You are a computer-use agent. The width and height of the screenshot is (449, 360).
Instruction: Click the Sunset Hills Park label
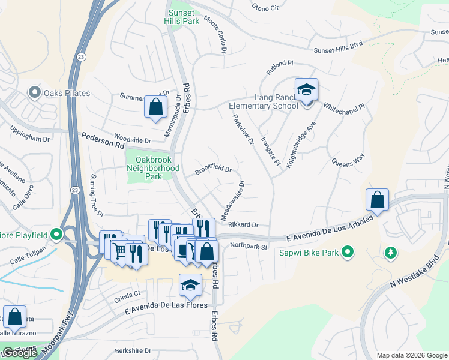coord(182,16)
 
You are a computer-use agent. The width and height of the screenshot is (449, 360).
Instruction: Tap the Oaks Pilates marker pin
coord(34,93)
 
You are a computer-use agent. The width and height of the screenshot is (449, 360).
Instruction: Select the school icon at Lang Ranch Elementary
coord(306,91)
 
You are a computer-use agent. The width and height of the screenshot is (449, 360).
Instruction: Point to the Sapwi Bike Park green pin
coord(347,252)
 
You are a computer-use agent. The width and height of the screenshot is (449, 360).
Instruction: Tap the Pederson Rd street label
coord(103,142)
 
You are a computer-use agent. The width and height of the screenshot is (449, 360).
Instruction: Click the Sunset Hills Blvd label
coord(340,46)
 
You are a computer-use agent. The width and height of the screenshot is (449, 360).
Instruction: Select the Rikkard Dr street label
coord(243,225)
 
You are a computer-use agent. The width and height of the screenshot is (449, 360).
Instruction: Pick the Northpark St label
coord(247,245)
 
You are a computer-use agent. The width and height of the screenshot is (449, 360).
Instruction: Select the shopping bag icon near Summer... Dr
coord(155,108)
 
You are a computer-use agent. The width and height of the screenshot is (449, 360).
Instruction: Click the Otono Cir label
coord(266,8)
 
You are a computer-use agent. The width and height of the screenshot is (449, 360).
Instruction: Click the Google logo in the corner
coord(19,353)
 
